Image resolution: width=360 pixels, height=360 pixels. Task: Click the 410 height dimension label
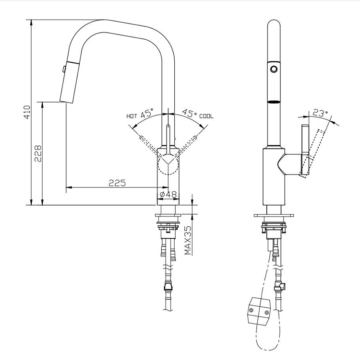pos(27,112)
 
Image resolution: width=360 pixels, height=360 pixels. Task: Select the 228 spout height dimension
pos(38,153)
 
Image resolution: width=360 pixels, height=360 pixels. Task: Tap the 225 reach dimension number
pos(117,183)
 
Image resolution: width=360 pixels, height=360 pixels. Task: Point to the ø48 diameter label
pos(168,195)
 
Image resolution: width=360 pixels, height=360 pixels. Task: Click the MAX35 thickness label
pos(188,240)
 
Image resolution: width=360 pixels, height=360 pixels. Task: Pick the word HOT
pos(132,116)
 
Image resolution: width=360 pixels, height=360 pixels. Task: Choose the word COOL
pos(206,116)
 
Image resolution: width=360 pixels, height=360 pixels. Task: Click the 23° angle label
pos(320,113)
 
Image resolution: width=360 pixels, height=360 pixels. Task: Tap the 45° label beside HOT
pos(147,113)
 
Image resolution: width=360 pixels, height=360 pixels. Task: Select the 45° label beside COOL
pos(190,113)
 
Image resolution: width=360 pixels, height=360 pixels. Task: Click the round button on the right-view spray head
pos(274,69)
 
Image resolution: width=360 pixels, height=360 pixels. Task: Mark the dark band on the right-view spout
pos(274,102)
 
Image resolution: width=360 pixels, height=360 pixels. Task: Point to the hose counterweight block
pos(259,311)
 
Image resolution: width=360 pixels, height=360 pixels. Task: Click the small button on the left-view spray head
pos(64,69)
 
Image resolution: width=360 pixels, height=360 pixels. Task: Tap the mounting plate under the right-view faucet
pos(274,215)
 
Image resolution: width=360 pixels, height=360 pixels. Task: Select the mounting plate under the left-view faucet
pos(168,215)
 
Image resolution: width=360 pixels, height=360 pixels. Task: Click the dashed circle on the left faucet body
pos(168,164)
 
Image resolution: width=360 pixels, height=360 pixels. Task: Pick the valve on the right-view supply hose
pos(280,287)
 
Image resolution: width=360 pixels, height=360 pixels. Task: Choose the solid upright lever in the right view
pos(305,150)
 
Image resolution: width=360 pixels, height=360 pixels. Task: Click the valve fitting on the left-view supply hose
pos(168,287)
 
